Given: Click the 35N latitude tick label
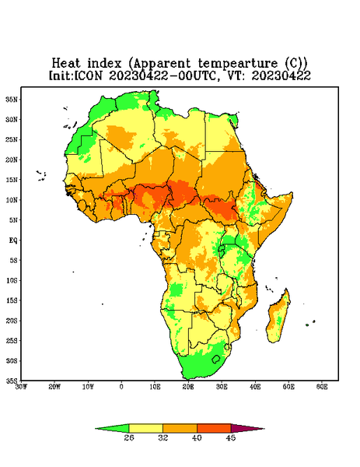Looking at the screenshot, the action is coord(12,99).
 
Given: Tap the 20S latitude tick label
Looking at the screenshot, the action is coord(12,321).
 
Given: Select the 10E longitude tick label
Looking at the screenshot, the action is coord(155,387).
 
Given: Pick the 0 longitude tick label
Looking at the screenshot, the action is coord(121,387).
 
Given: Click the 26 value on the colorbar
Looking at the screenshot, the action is coord(129,437).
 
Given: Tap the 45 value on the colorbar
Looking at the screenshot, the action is coord(231,437).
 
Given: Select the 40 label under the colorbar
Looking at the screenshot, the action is coord(197,437).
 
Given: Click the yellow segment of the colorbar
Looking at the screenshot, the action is coord(145,428).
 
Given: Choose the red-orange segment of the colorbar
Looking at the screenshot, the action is coord(214,428).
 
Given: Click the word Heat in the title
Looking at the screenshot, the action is coord(66,63).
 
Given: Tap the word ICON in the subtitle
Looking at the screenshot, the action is coord(88,75).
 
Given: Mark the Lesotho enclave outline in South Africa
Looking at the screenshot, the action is coord(216,359).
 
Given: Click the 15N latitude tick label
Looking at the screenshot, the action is coord(12,180).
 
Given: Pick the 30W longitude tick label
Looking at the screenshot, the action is coord(22,387).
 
